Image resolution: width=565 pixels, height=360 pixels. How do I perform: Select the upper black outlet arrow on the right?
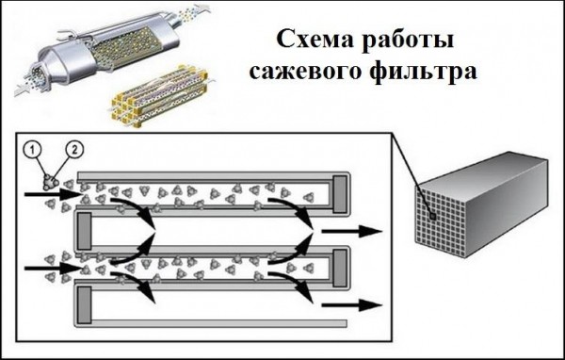(350, 230)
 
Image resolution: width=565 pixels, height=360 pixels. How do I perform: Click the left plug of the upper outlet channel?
(84, 229)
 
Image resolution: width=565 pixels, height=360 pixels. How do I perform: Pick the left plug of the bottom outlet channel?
(84, 303)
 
